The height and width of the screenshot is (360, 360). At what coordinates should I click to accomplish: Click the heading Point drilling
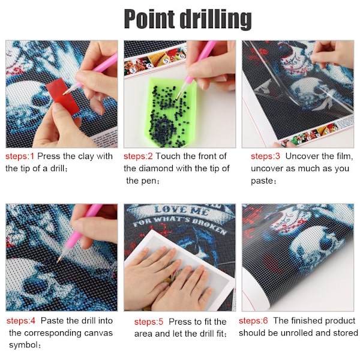tap(188, 19)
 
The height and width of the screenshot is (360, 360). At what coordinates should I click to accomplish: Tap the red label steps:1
tap(20, 157)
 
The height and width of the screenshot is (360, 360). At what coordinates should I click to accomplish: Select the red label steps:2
tap(138, 157)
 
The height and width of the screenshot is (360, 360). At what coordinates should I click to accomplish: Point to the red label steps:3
tap(265, 157)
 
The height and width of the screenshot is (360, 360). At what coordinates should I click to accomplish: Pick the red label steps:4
tap(21, 321)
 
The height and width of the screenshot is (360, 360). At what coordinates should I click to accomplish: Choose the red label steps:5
tap(149, 322)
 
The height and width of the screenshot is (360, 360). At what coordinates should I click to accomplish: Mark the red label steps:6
tap(253, 321)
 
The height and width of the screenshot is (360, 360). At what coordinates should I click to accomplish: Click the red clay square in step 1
tap(62, 96)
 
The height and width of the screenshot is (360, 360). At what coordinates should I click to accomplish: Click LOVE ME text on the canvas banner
tap(181, 210)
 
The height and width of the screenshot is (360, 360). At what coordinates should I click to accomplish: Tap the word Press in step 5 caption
tap(178, 322)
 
